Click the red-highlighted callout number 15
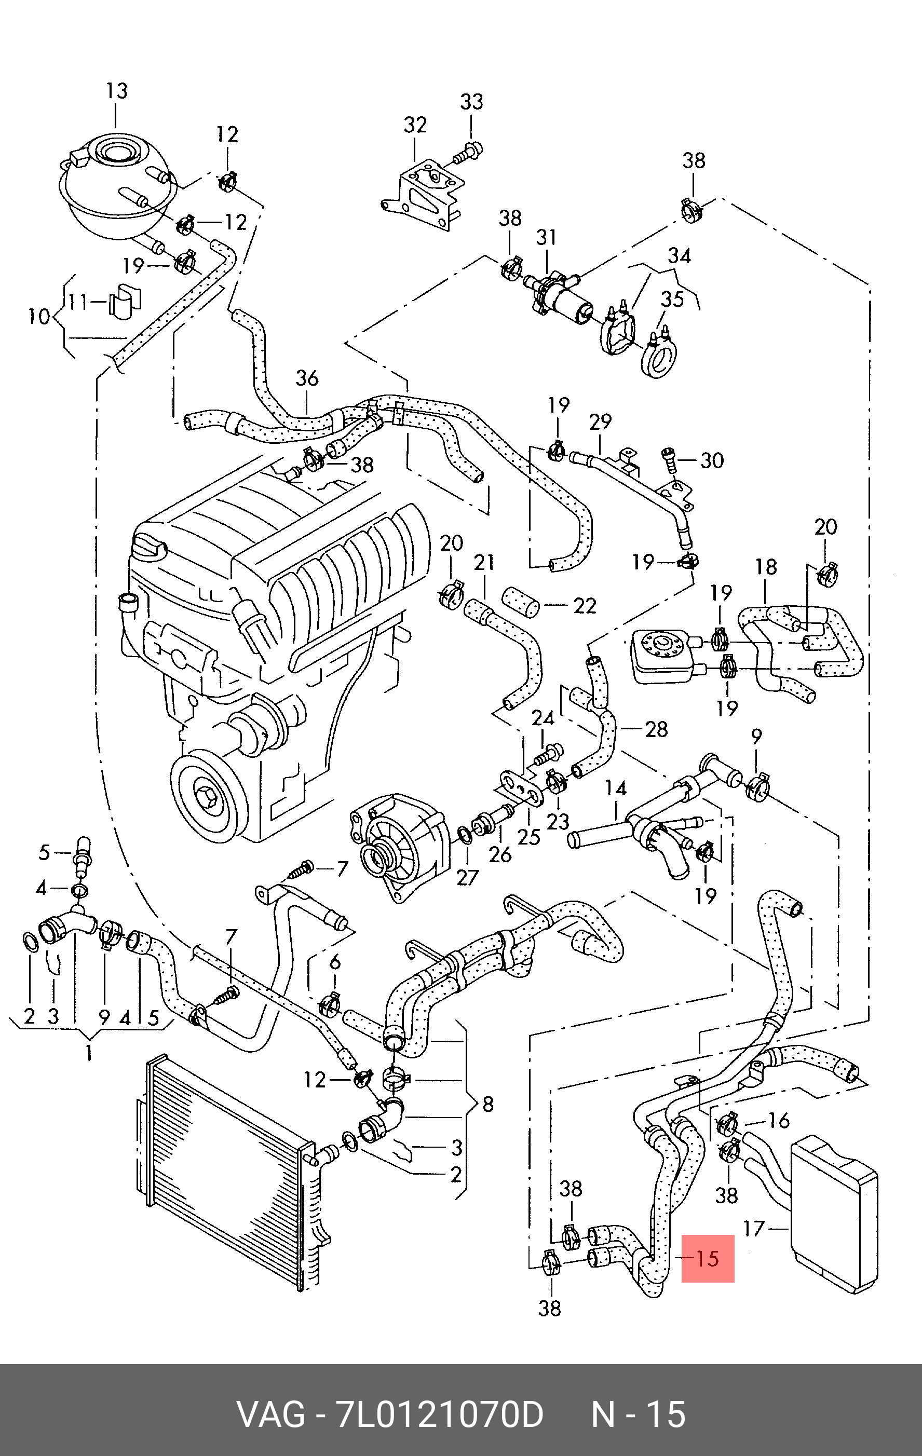pyautogui.click(x=708, y=1259)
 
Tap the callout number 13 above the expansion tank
pyautogui.click(x=117, y=91)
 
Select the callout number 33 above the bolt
pyautogui.click(x=471, y=102)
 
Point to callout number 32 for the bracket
pyautogui.click(x=415, y=125)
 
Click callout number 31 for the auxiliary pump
pyautogui.click(x=546, y=237)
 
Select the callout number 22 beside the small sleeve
pyautogui.click(x=585, y=606)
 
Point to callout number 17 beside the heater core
pyautogui.click(x=754, y=1229)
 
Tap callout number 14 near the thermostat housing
pyautogui.click(x=616, y=788)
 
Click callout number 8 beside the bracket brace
pyautogui.click(x=487, y=1104)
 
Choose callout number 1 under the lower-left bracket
pyautogui.click(x=89, y=1053)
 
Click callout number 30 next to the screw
pyautogui.click(x=712, y=461)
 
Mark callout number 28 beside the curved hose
pyautogui.click(x=657, y=729)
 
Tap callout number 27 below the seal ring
pyautogui.click(x=467, y=877)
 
